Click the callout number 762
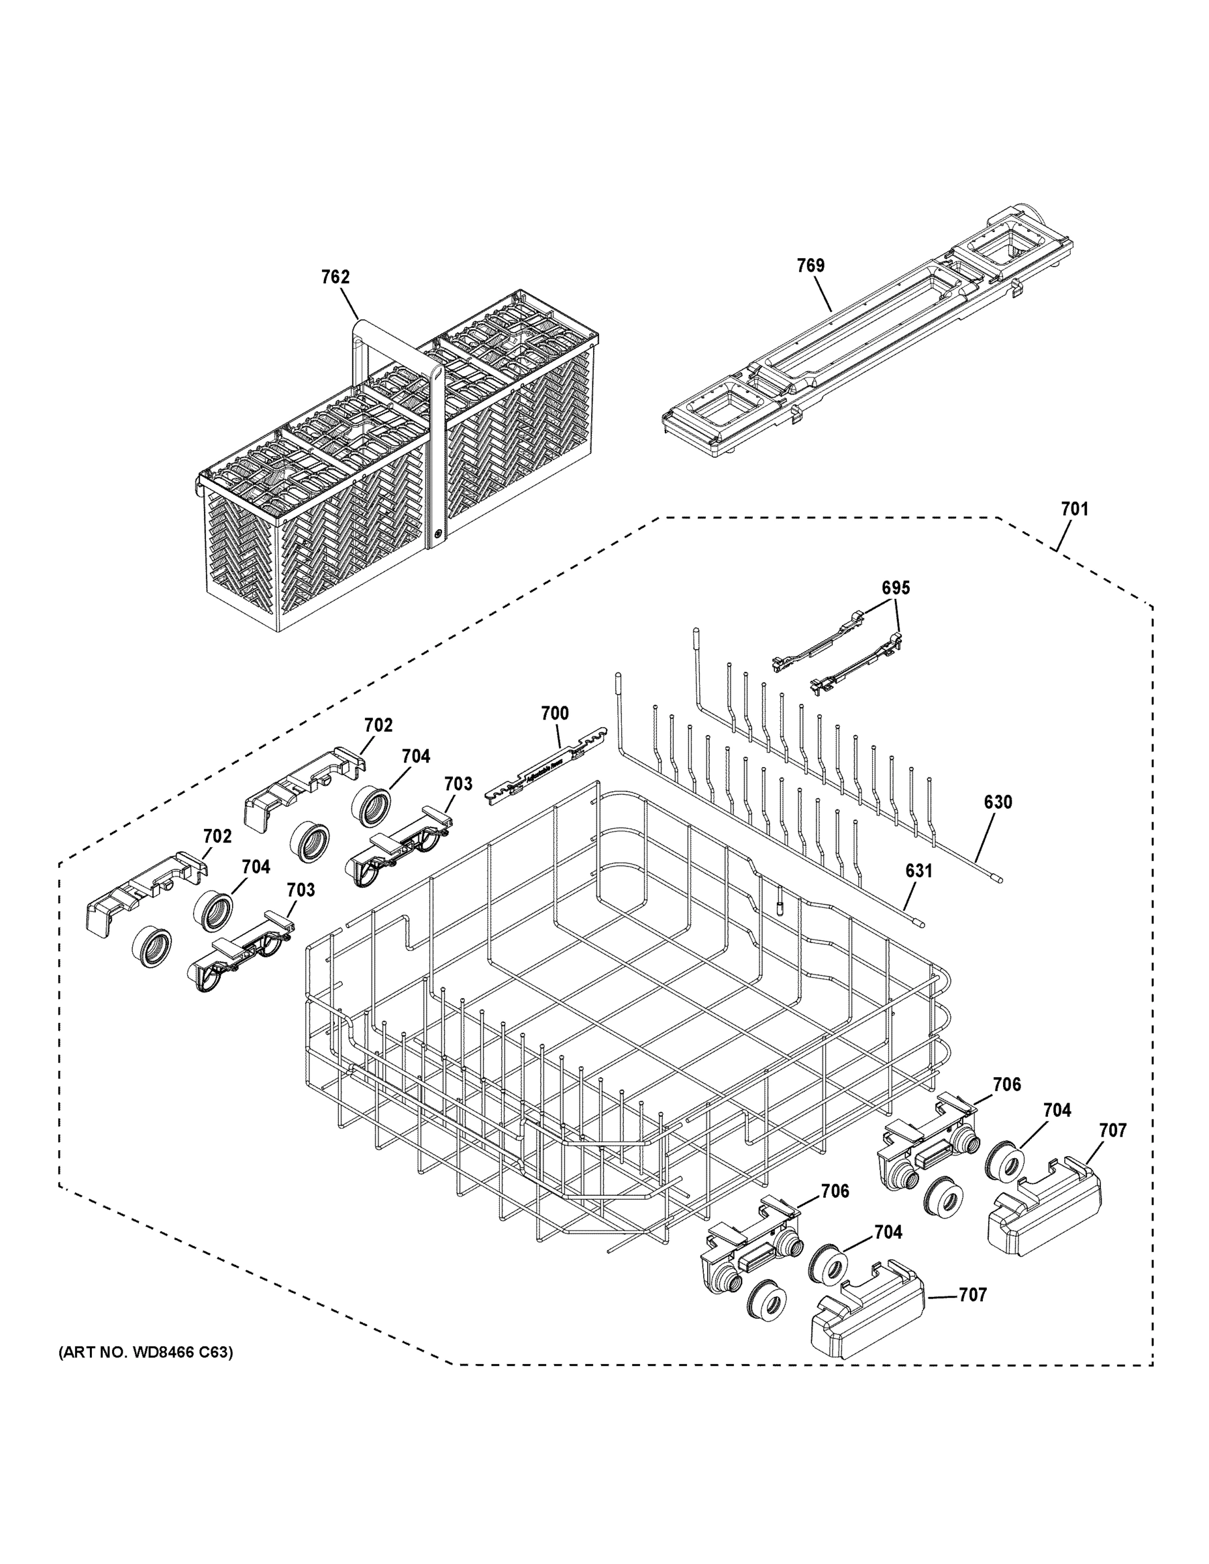pos(334,277)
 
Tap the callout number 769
pos(811,266)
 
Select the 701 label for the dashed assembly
pos(1074,509)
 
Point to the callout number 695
pos(896,588)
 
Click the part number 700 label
pos(555,714)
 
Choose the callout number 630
pos(998,802)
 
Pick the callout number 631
pos(919,871)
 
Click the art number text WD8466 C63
pos(145,1353)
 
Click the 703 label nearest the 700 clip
pos(458,784)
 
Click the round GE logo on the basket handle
pos(437,534)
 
